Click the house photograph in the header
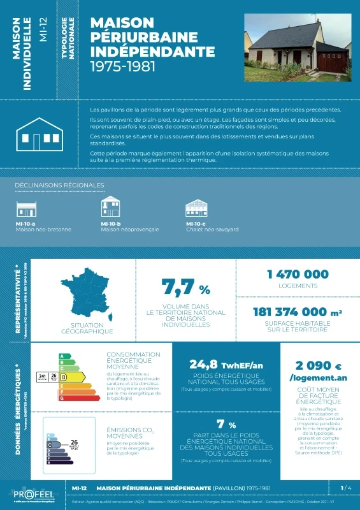298,48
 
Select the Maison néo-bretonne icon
26,209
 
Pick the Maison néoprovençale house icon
110,207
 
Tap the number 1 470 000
298,274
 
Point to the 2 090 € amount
319,366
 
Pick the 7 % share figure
226,425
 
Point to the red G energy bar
70,398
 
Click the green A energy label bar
62,356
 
